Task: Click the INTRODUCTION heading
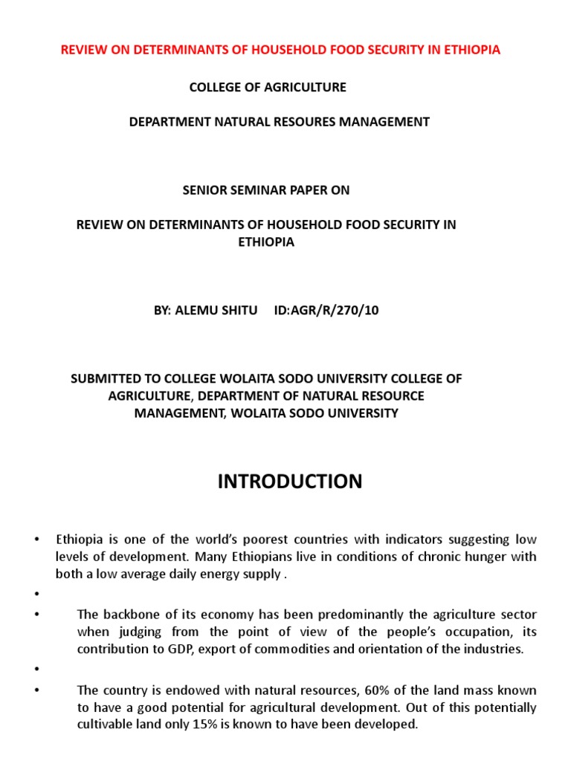[290, 482]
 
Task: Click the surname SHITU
[239, 311]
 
